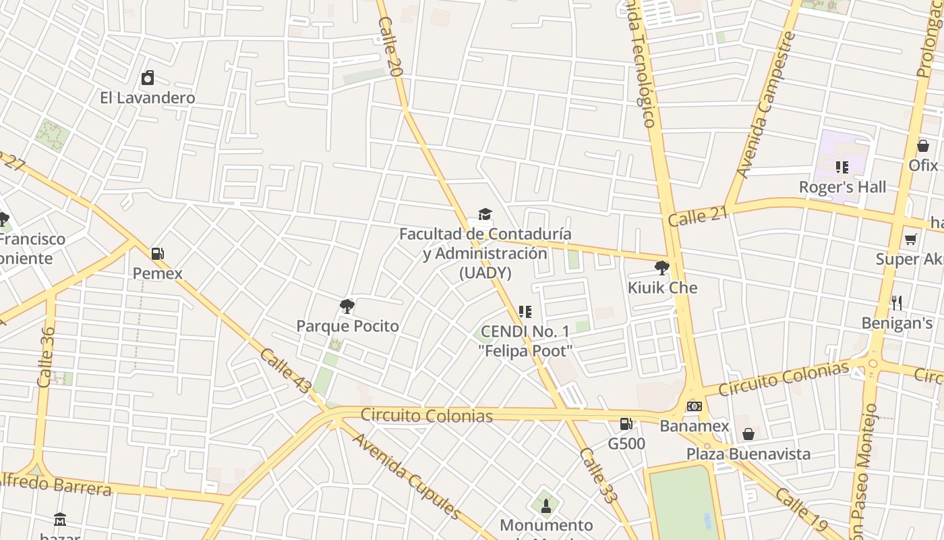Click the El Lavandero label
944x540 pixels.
[148, 98]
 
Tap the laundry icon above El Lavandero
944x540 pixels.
[148, 78]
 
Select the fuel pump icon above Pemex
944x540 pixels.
[158, 254]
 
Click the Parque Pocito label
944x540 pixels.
[348, 326]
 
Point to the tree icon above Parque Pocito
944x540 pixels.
[347, 307]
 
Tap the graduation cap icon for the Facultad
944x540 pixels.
[485, 215]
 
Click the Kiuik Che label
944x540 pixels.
[662, 288]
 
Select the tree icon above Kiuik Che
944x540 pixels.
[662, 268]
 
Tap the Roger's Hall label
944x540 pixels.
[842, 187]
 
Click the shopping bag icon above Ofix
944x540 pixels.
[923, 146]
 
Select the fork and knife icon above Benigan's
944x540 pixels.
[897, 302]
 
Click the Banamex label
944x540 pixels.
[695, 426]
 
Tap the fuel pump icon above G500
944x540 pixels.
[626, 424]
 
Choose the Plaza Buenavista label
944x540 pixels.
[748, 454]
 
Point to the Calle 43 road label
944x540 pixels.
[285, 371]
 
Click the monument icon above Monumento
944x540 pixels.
[546, 506]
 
